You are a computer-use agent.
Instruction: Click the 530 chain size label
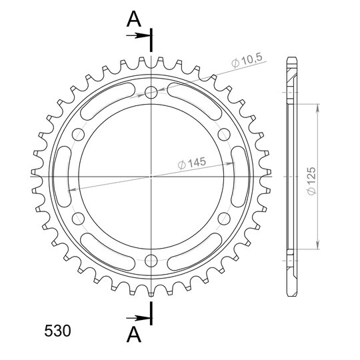(x=57, y=331)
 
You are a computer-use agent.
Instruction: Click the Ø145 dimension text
(x=192, y=163)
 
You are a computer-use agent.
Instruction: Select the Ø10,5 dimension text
(x=247, y=61)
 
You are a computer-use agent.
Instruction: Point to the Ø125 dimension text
(x=312, y=181)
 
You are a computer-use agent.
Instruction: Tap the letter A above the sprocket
(x=133, y=19)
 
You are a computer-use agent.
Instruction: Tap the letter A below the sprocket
(x=133, y=334)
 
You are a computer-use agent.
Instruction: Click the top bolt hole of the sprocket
(x=151, y=92)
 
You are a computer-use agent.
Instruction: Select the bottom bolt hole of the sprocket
(x=151, y=261)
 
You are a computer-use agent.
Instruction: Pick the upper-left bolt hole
(x=78, y=134)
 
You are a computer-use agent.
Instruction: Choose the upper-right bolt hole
(x=224, y=134)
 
